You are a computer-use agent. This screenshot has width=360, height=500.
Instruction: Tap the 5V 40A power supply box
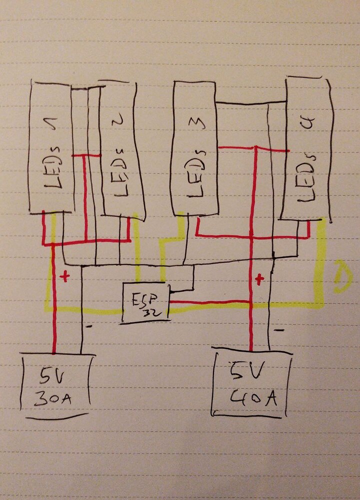click(x=251, y=382)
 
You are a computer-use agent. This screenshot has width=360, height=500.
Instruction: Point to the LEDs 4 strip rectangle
click(x=306, y=147)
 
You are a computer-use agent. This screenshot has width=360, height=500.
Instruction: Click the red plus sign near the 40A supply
click(x=259, y=279)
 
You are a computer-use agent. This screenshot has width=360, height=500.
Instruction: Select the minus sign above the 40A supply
click(x=279, y=330)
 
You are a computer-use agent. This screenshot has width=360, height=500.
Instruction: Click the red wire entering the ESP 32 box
click(x=210, y=302)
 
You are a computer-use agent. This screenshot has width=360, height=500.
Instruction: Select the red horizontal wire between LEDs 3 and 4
click(x=252, y=148)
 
